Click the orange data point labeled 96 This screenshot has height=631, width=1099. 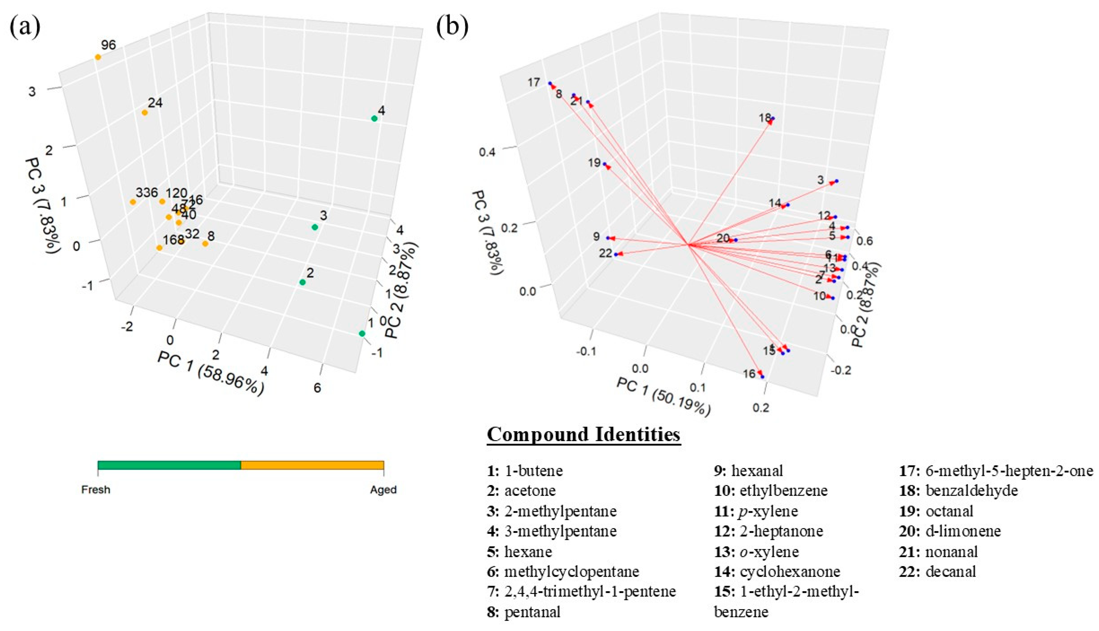(x=98, y=57)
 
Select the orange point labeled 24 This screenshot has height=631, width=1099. (x=145, y=113)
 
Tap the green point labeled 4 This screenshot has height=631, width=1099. (x=374, y=118)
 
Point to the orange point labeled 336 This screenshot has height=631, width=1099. (x=133, y=201)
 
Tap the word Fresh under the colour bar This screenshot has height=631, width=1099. (x=96, y=490)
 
